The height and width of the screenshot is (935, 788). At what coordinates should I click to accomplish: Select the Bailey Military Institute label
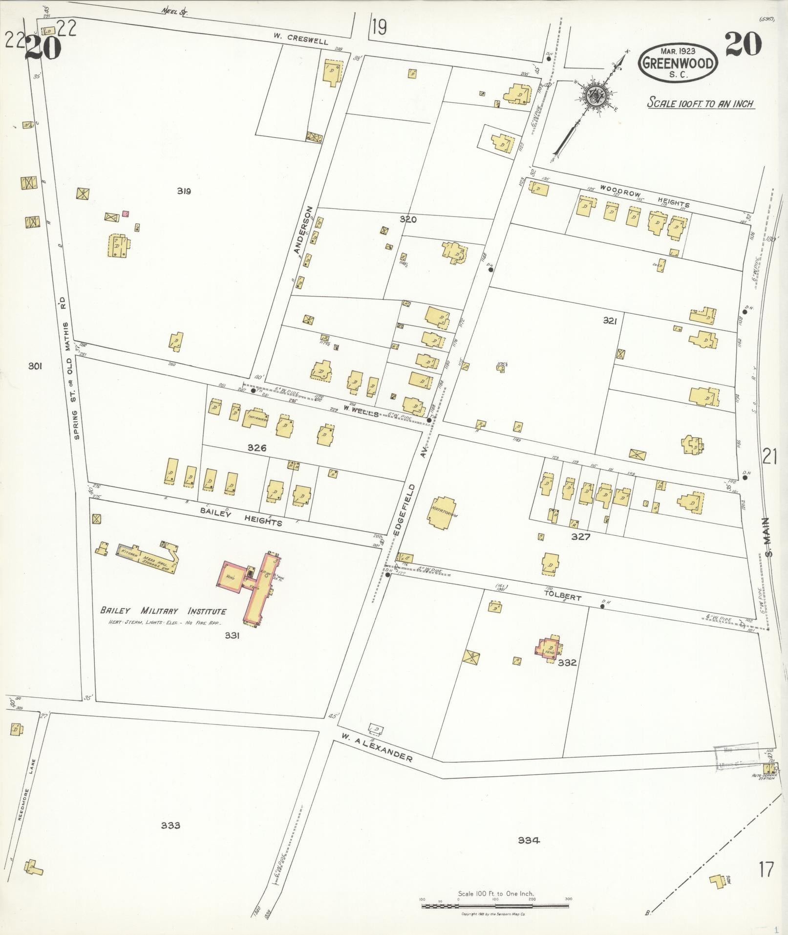click(x=163, y=611)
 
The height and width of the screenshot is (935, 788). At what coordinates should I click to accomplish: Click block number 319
click(x=184, y=191)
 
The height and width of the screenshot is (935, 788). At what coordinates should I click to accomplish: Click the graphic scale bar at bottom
click(x=495, y=906)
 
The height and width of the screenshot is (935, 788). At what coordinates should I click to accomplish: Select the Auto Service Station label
click(x=767, y=776)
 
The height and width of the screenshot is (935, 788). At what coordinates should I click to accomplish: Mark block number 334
click(x=529, y=840)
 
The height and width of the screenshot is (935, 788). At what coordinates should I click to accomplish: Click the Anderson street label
click(x=303, y=230)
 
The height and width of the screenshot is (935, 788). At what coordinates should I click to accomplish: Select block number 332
click(x=568, y=663)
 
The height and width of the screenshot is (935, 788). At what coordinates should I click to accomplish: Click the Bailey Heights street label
click(x=241, y=515)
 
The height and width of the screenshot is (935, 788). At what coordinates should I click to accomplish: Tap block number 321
click(x=610, y=321)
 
